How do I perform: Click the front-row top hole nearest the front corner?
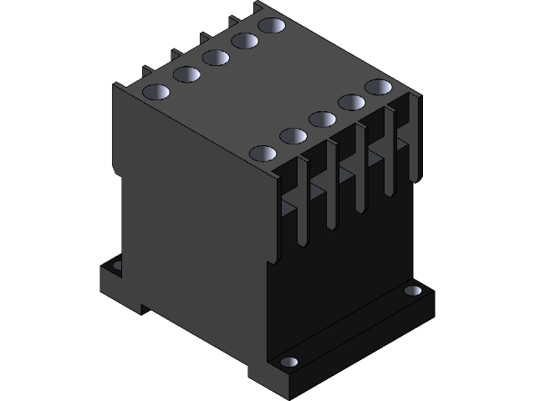pos(262,154)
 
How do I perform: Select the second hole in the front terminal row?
pos(293,135)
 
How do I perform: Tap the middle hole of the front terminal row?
pos(322,119)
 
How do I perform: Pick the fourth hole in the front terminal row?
pos(350,102)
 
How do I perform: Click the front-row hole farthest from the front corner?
pos(378,86)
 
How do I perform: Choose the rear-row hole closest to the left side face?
pos(156,91)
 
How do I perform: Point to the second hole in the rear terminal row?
pos(186,74)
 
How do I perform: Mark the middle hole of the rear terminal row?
pos(215,57)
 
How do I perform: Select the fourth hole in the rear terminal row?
pos(244,40)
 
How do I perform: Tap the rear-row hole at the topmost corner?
pos(271,25)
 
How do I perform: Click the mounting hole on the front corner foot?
pos(288,363)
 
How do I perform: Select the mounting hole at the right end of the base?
pos(413,291)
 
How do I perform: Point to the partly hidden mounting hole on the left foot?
pos(116,266)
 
